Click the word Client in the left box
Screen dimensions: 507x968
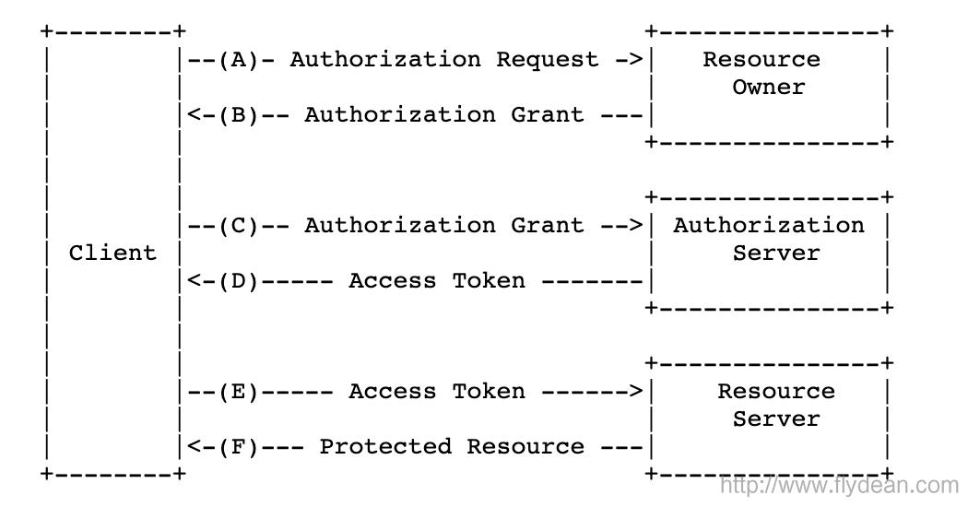(112, 253)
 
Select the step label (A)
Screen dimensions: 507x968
(239, 60)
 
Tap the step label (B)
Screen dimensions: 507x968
(239, 115)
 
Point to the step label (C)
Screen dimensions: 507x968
(239, 226)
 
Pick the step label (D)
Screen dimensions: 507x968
(239, 281)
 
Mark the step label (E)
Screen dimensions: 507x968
(239, 392)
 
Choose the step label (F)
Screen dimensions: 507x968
(239, 447)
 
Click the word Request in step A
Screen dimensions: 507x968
(548, 60)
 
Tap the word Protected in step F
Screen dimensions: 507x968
(385, 447)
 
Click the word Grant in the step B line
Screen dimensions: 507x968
(548, 115)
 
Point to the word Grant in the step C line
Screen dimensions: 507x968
(548, 226)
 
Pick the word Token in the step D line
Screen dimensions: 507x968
(489, 281)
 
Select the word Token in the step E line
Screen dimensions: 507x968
(489, 392)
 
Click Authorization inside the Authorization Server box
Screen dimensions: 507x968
(769, 226)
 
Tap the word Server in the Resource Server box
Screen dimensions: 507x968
(776, 419)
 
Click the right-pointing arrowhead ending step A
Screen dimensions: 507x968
(636, 60)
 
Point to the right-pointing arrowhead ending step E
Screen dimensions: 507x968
(636, 392)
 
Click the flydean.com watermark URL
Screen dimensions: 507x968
(839, 485)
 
